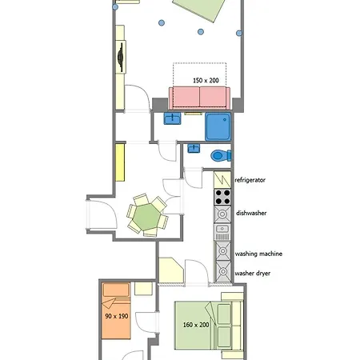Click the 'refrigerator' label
tap(250, 180)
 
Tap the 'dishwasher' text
tap(251, 213)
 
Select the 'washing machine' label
tap(258, 254)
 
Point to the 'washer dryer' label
tap(253, 273)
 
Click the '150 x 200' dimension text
tap(206, 80)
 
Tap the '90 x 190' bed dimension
tap(117, 316)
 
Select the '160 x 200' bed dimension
tap(196, 325)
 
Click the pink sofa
tap(199, 98)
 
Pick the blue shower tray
tap(218, 126)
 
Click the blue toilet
tap(221, 155)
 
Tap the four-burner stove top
tap(222, 197)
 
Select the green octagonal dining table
tap(147, 217)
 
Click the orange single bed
tap(116, 310)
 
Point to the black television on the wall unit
tap(121, 58)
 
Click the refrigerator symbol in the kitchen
tap(222, 179)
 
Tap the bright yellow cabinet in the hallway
tap(120, 162)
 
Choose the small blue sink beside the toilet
tap(194, 148)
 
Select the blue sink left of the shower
tap(172, 118)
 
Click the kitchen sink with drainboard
tap(222, 232)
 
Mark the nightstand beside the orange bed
tap(143, 289)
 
